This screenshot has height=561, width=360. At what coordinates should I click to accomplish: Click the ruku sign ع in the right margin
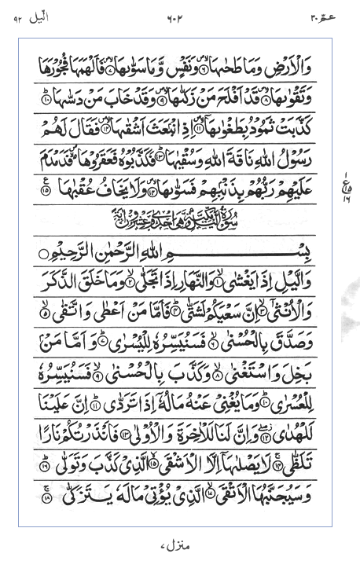click(x=343, y=185)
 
